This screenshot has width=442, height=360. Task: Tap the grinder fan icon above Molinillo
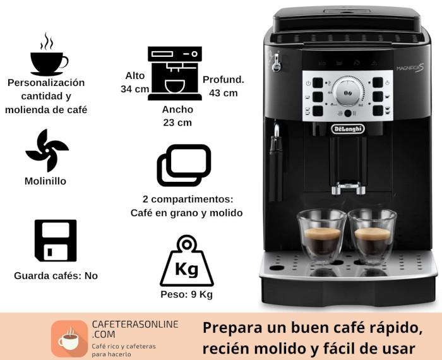47,150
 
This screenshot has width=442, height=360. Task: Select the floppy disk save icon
56,241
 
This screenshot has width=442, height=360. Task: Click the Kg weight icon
187,261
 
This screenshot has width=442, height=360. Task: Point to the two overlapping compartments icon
184,165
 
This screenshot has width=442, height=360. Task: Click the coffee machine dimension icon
175,73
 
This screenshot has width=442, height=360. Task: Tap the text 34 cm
134,89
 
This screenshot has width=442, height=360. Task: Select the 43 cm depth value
224,93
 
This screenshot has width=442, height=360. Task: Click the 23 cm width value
177,123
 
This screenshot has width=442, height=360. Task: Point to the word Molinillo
45,181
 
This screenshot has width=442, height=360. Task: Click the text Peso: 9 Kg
187,294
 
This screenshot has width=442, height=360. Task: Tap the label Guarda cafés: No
56,276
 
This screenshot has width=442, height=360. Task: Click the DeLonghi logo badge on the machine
348,129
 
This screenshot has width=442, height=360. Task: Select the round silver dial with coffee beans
347,93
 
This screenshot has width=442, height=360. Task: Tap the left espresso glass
322,236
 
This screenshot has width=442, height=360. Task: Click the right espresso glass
373,236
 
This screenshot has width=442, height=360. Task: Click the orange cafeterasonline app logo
69,339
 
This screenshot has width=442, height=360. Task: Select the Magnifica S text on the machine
410,68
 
